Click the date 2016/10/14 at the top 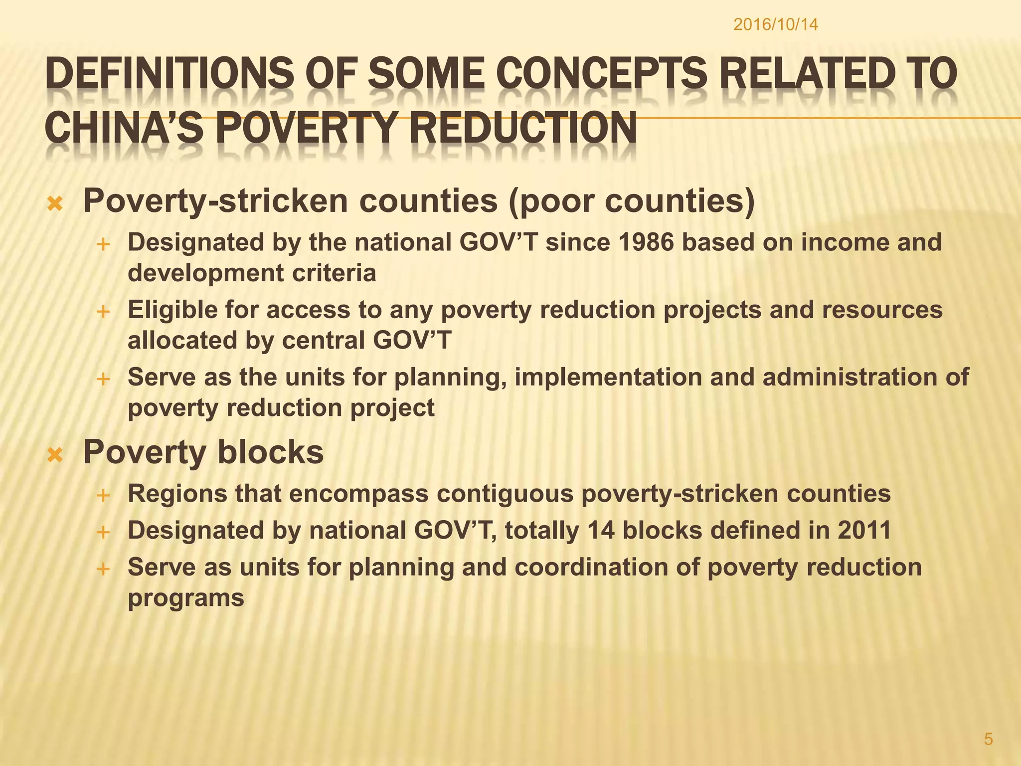[x=775, y=25]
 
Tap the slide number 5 [x=989, y=739]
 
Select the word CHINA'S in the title [x=124, y=129]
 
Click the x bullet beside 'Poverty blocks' [x=55, y=454]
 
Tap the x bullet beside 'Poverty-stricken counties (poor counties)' [x=55, y=203]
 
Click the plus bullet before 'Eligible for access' [x=103, y=312]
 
